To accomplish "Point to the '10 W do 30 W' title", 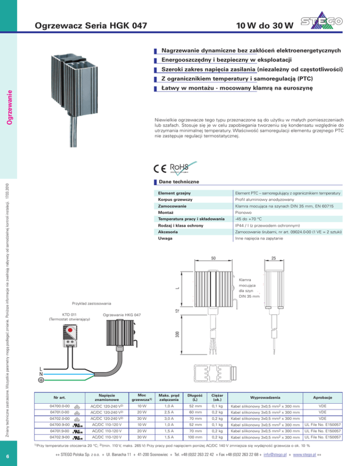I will [x=265, y=26].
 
